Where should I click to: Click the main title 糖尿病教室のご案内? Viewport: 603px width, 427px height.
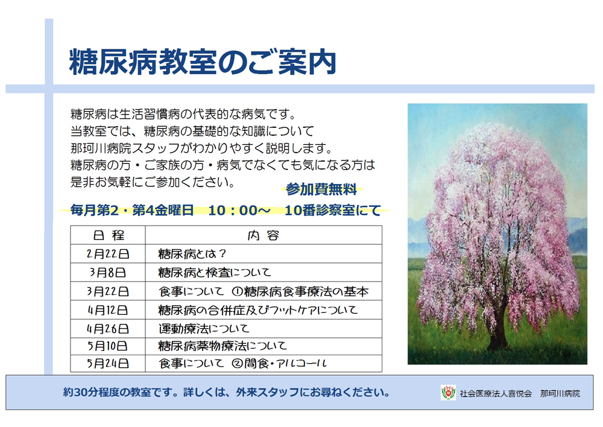(202, 63)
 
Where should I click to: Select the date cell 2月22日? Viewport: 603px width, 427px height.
(108, 253)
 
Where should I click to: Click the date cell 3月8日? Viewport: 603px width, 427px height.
(108, 272)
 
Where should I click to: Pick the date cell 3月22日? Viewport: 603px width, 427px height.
(108, 291)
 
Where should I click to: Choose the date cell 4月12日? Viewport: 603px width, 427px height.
(108, 310)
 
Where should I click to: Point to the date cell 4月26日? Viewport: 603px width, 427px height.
(108, 329)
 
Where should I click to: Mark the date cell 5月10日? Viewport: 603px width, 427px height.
(108, 346)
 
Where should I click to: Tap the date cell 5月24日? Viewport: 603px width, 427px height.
(108, 364)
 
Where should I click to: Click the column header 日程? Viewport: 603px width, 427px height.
(108, 235)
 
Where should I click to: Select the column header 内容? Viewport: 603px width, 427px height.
(264, 235)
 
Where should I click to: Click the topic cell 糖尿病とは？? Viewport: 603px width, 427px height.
(191, 253)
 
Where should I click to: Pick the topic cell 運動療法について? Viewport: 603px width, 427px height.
(203, 329)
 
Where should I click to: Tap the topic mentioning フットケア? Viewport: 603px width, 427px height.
(257, 310)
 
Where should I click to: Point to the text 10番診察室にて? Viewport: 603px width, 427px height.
(333, 210)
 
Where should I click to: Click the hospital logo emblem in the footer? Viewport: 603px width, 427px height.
(448, 393)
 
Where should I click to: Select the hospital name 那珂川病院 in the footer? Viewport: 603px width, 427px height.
(560, 393)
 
